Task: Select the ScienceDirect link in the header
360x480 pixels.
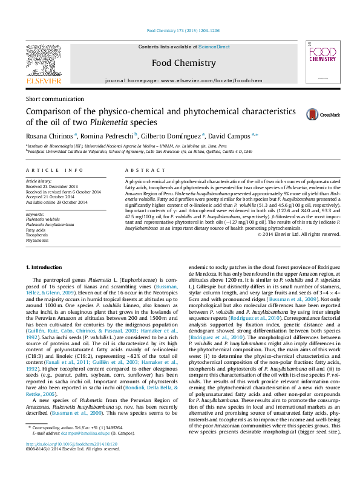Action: coord(214,47)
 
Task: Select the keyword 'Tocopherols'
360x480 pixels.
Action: coord(38,235)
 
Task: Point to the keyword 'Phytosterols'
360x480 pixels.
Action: coord(38,240)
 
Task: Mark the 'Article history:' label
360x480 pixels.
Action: coord(39,181)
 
